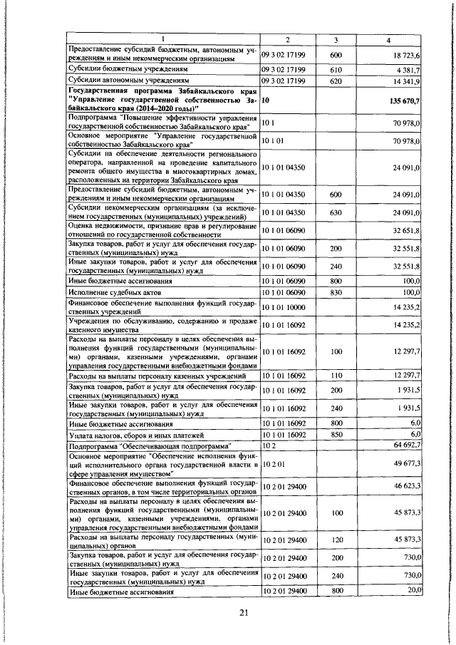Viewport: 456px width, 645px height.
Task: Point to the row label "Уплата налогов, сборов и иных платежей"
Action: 126,434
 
